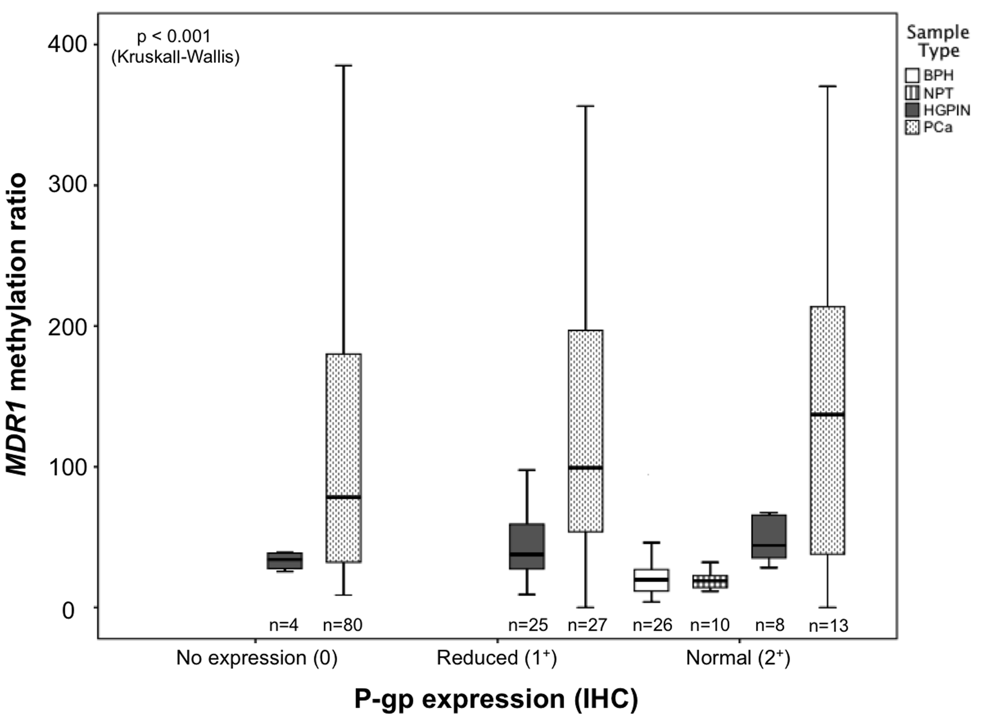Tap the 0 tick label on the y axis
69,610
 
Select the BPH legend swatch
912,75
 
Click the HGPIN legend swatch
912,110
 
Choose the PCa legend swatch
912,127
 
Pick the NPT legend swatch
912,93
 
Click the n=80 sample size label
343,625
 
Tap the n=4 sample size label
284,625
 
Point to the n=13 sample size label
828,626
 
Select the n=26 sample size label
652,625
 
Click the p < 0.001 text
174,37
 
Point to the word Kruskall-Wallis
175,57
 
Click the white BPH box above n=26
651,580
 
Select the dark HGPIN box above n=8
769,536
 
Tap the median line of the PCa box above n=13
827,415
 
